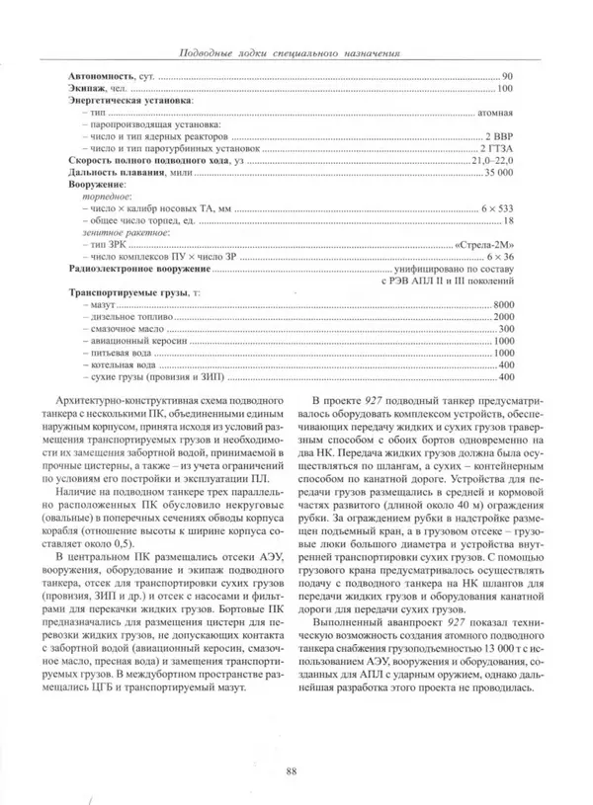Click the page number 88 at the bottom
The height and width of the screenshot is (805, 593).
291,771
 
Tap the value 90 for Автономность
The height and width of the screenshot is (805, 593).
507,77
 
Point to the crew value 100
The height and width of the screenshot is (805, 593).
505,89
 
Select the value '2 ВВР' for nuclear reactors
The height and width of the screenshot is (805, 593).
497,136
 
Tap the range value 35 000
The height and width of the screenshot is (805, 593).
497,172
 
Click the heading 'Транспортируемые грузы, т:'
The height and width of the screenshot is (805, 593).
127,292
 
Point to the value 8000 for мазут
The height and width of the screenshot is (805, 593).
503,304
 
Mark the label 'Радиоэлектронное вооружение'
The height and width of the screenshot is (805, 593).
137,268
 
